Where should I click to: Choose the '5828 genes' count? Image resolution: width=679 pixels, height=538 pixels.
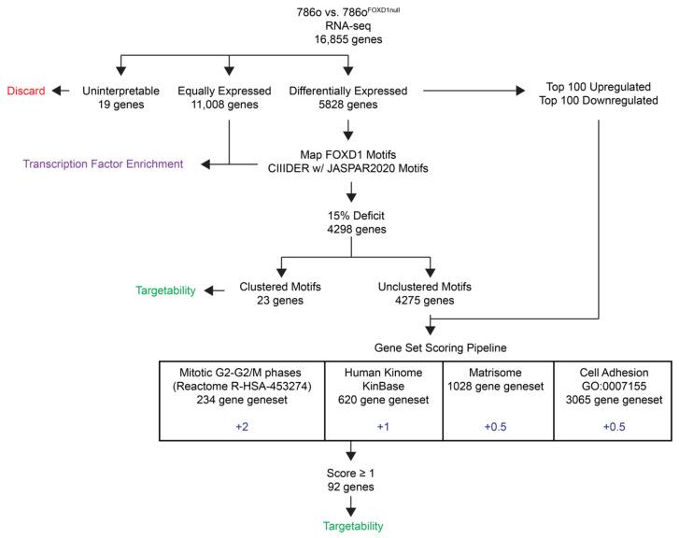point(347,105)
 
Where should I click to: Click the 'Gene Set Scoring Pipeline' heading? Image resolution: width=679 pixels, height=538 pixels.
point(429,344)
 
